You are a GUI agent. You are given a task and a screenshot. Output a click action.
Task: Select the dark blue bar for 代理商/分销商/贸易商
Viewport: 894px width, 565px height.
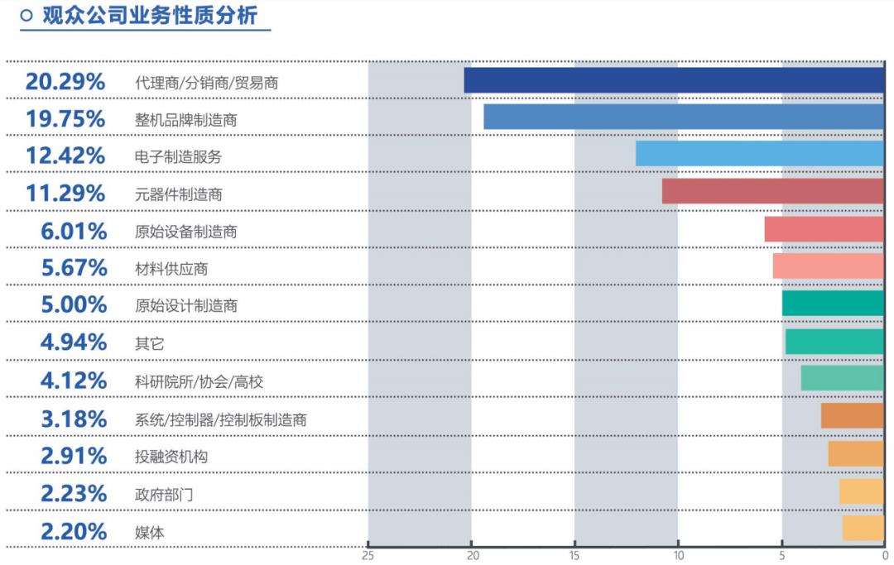[674, 80]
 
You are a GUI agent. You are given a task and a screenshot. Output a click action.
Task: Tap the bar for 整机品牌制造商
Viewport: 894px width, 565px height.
[684, 117]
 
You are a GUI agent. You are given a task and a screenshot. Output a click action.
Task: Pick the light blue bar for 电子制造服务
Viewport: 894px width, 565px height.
[760, 154]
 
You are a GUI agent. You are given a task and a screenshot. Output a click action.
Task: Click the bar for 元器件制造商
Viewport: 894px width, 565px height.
[773, 191]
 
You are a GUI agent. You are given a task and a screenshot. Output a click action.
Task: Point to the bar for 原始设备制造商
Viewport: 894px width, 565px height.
[824, 229]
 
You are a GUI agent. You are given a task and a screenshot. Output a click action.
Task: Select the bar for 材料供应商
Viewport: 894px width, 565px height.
[829, 266]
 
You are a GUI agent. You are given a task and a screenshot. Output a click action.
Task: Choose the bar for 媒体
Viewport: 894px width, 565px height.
[863, 528]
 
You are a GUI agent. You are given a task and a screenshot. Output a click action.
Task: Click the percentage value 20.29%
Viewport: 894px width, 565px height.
[65, 81]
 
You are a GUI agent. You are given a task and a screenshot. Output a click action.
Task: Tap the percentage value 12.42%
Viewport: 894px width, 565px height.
[65, 156]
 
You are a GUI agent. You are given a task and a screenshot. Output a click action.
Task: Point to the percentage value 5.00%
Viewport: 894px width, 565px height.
[74, 304]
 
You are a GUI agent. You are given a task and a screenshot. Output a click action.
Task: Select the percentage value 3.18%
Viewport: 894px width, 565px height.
[74, 419]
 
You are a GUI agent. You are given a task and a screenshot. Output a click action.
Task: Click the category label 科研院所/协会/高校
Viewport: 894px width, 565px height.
[199, 382]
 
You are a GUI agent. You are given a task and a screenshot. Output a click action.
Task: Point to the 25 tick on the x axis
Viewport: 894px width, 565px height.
[368, 556]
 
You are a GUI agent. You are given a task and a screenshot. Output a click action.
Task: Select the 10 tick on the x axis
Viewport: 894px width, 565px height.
[678, 556]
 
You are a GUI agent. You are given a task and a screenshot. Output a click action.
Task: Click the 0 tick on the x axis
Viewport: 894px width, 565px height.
[884, 556]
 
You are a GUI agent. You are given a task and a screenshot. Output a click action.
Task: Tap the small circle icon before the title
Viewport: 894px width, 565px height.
[26, 15]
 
